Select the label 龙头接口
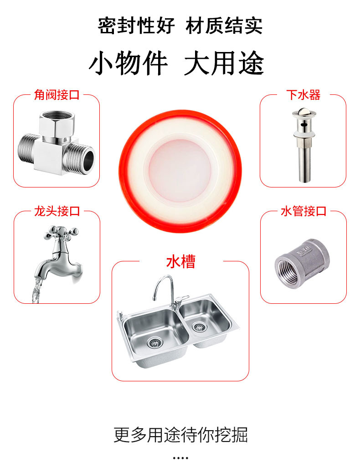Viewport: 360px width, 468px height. [x=57, y=211]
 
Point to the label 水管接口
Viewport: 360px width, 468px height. [x=303, y=211]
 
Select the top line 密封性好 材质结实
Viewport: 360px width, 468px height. [x=180, y=26]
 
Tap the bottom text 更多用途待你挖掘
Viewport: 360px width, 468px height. [x=180, y=435]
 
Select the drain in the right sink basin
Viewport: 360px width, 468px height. [x=199, y=327]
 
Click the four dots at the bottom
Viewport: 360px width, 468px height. [x=180, y=458]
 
